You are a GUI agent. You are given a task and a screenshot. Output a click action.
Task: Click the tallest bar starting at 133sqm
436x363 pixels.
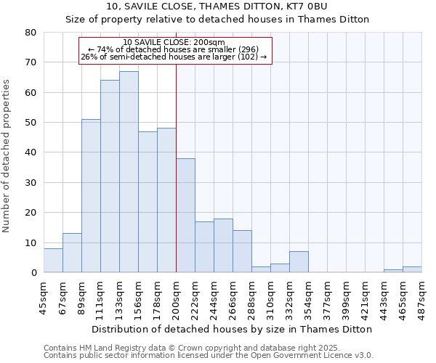(129, 172)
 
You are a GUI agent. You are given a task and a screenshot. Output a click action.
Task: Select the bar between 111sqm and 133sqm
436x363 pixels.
(110, 176)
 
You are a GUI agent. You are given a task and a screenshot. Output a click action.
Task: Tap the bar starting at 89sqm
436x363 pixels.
(91, 196)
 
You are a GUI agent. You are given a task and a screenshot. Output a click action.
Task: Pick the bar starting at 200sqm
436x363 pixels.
(185, 216)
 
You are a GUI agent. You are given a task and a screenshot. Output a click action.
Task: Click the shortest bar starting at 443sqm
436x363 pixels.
(393, 271)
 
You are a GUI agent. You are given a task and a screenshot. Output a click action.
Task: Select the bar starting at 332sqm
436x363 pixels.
(299, 262)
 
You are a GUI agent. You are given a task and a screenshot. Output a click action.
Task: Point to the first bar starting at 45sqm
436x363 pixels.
(53, 261)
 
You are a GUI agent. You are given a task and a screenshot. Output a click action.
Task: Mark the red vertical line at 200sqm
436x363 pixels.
(176, 167)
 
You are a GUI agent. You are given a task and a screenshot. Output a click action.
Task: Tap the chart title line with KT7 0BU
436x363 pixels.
(218, 7)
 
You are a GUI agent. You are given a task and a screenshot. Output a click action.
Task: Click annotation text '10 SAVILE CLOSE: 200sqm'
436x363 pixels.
(174, 42)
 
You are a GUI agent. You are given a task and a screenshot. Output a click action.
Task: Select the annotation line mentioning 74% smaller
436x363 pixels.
(174, 49)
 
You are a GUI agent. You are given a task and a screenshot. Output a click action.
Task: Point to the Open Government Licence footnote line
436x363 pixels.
(209, 356)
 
